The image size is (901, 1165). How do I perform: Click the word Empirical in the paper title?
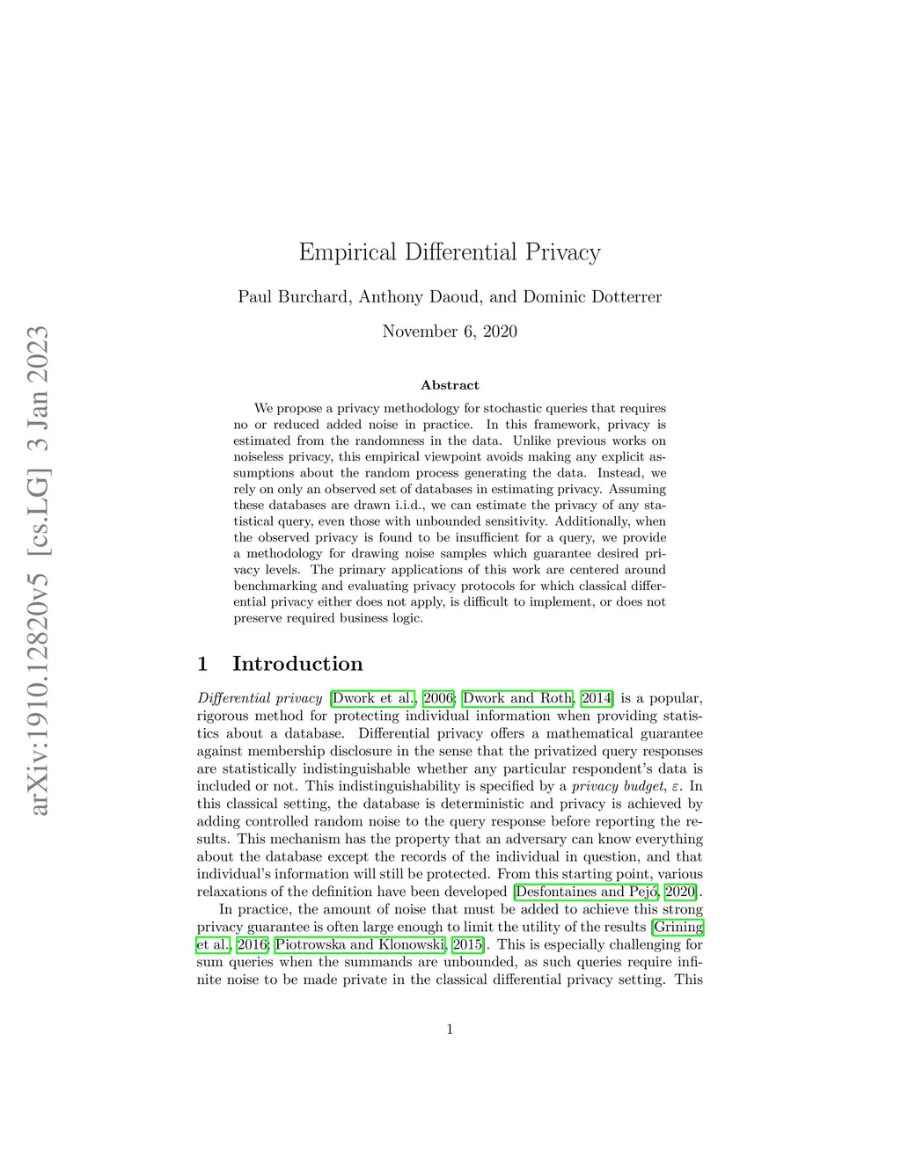click(348, 252)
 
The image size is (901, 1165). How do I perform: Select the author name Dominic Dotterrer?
click(592, 297)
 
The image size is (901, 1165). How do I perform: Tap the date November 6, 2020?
click(450, 331)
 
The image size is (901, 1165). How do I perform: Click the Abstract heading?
click(450, 385)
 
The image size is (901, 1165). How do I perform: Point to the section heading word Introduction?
click(297, 664)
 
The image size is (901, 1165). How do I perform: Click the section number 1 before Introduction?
click(202, 664)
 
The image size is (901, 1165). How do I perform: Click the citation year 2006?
click(438, 698)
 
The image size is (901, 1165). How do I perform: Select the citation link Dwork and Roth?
click(517, 698)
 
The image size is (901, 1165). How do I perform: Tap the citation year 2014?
click(596, 698)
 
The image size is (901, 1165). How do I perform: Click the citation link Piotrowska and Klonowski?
click(360, 944)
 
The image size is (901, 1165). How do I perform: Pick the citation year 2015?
click(467, 944)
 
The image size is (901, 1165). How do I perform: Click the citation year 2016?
click(252, 944)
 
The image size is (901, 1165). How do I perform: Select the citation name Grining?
click(678, 927)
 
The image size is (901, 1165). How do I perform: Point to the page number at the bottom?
click(450, 1030)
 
